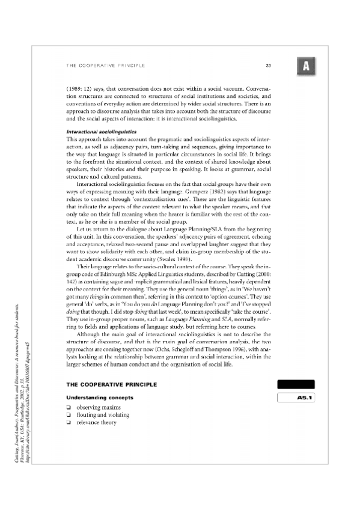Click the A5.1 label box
296,397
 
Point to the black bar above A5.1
296,384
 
